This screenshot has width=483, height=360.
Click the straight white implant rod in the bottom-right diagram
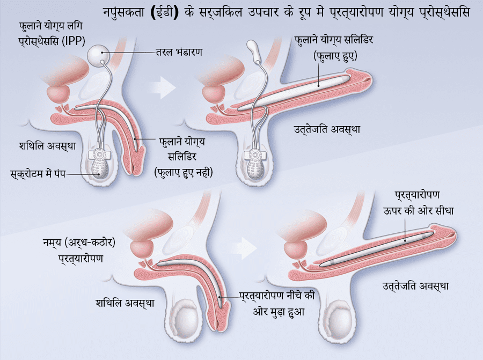(376, 247)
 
